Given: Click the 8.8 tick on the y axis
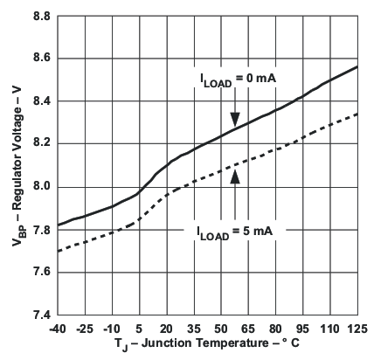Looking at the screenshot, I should click(x=40, y=16).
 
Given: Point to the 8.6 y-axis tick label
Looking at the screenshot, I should click(x=40, y=59).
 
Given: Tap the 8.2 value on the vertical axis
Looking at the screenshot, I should click(x=40, y=143).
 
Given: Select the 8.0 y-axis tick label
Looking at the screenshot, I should click(x=40, y=186).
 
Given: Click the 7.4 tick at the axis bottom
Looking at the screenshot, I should click(x=40, y=315).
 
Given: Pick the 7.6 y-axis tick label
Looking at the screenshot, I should click(x=40, y=272).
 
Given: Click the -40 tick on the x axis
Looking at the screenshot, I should click(x=58, y=328).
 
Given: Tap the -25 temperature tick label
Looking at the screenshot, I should click(x=85, y=328).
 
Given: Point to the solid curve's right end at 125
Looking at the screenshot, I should click(x=357, y=66).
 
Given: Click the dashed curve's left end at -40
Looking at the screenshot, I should click(x=58, y=251).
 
